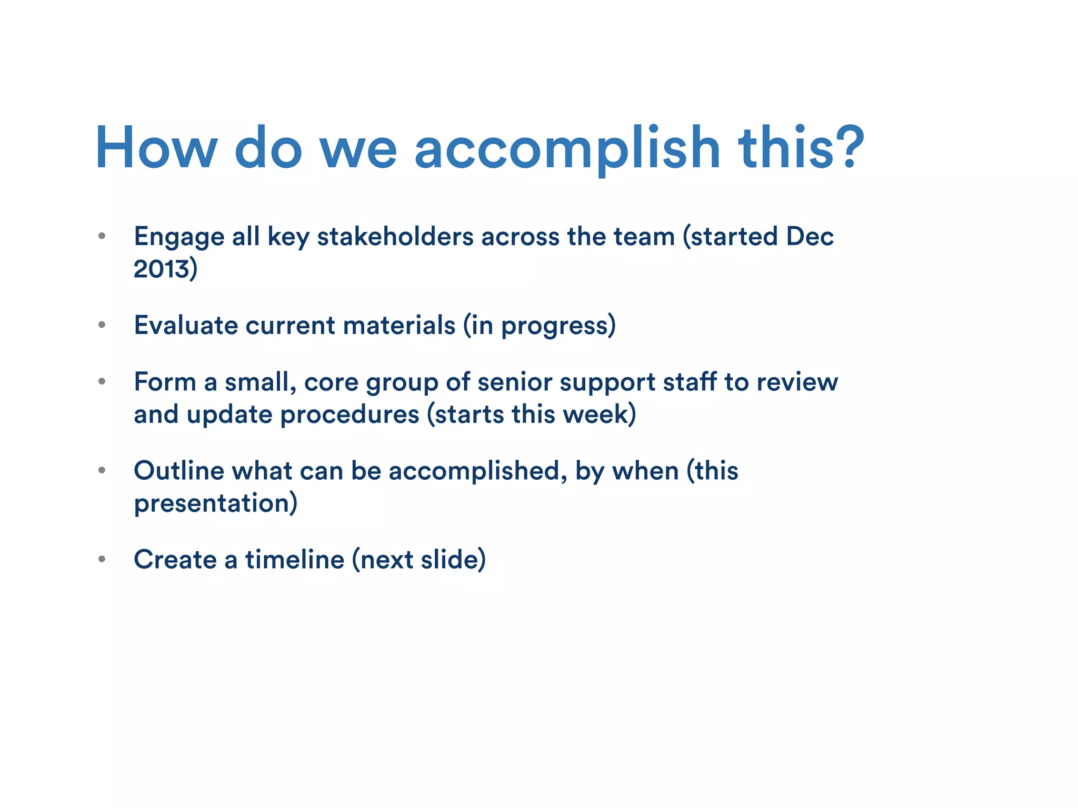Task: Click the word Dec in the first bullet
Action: pos(810,237)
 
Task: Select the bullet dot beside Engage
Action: pos(102,236)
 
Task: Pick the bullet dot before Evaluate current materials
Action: pos(102,325)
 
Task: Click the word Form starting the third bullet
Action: pos(165,382)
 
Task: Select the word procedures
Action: pos(350,415)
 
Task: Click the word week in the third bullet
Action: pos(596,415)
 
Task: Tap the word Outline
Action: pos(179,470)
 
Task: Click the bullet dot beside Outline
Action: pos(102,470)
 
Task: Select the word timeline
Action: pos(295,559)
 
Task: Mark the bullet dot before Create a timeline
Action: pos(102,559)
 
